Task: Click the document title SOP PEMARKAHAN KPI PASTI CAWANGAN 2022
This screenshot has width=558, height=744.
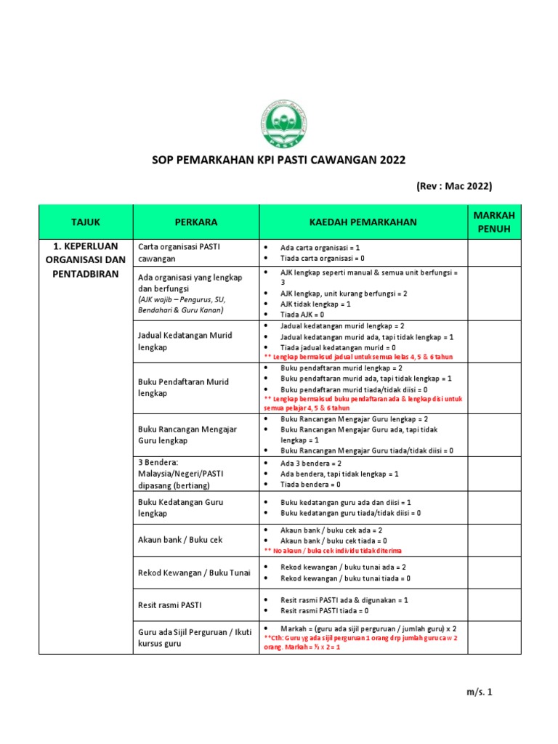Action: coord(278,160)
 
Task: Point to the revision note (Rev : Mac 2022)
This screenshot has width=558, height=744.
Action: coord(454,186)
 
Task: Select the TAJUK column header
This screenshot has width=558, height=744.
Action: coord(86,222)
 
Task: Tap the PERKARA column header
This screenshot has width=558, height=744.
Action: coord(195,222)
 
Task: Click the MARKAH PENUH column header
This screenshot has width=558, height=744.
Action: coord(493,222)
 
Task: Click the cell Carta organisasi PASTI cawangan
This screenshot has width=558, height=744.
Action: coord(179,253)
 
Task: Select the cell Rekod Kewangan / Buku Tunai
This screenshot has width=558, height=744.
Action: coord(194,573)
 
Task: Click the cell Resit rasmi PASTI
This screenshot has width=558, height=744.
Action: coord(170,604)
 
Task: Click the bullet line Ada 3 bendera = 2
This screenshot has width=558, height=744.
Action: coord(311,463)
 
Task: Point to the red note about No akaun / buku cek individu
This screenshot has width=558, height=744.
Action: coord(332,551)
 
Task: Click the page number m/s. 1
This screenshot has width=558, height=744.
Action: coord(479,692)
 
